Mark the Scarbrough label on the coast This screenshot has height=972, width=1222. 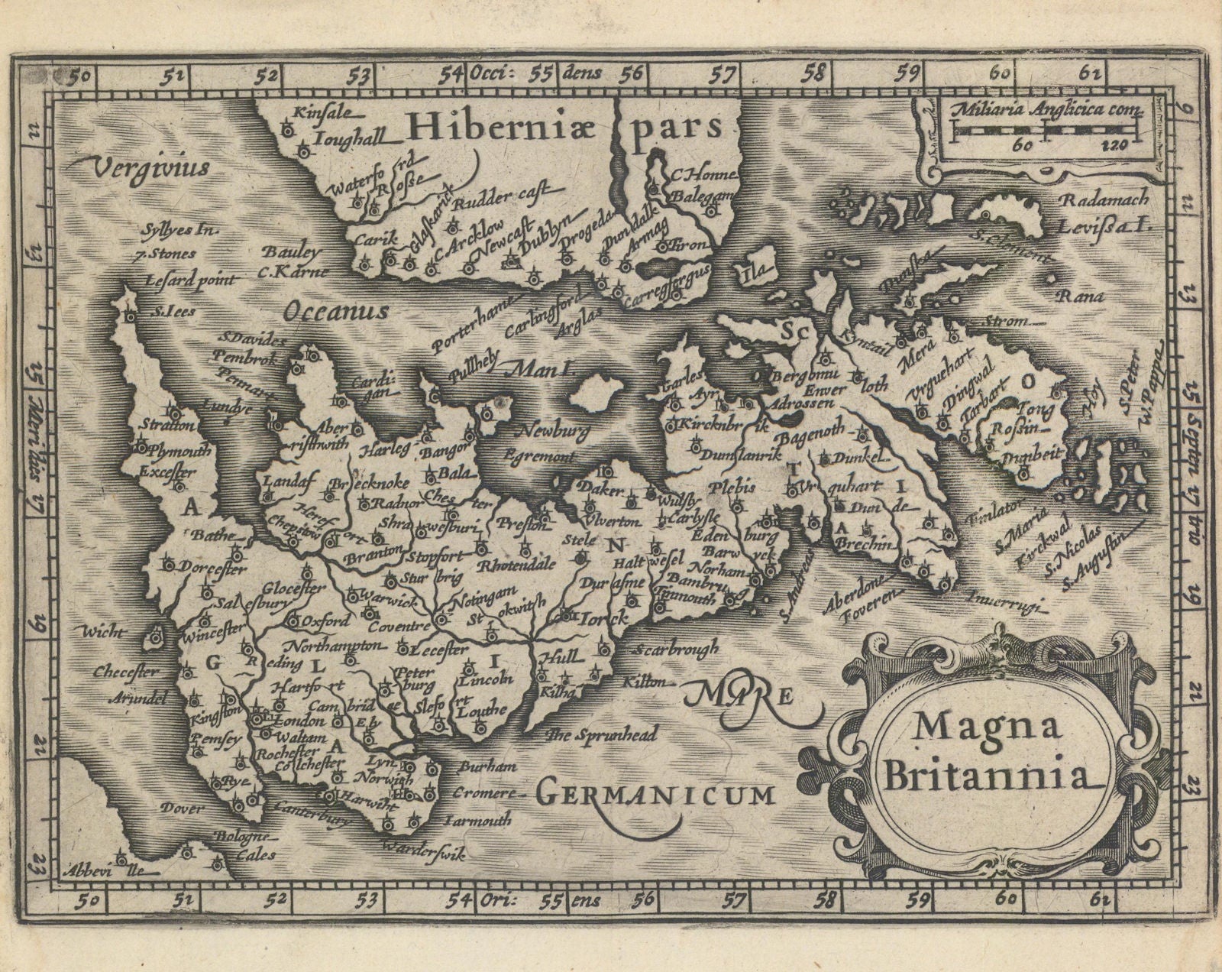click(676, 649)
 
